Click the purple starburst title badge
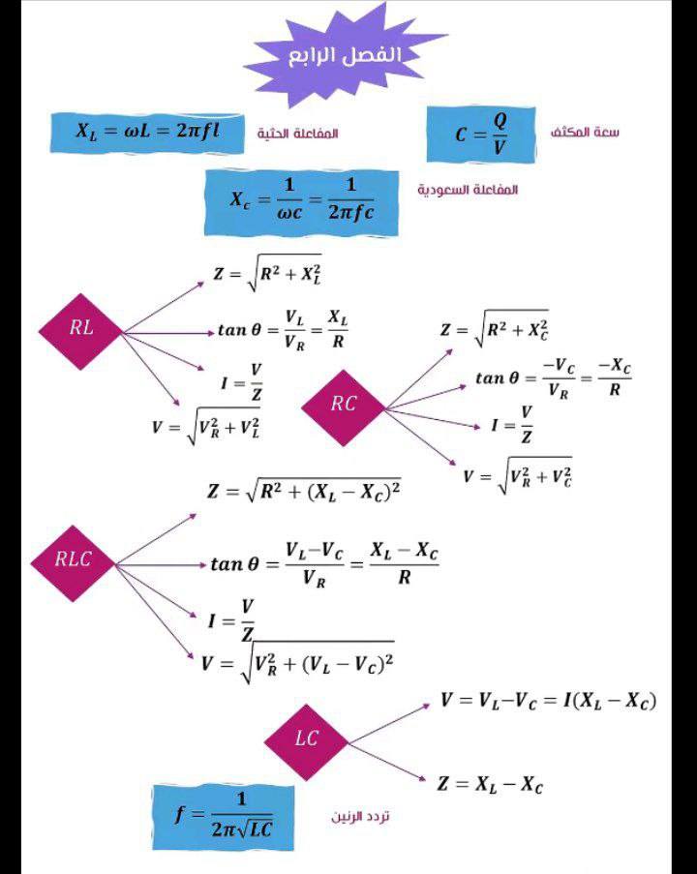[x=344, y=55]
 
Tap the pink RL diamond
[x=81, y=329]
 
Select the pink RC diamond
[x=344, y=406]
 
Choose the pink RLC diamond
[x=74, y=559]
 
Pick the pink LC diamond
[x=307, y=739]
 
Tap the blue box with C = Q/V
[x=481, y=134]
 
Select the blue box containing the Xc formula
[x=302, y=201]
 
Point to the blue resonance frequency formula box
[x=224, y=815]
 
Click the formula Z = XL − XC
[x=489, y=784]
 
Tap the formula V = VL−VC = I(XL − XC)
[x=548, y=700]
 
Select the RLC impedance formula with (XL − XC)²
[x=304, y=491]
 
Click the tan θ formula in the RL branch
[x=282, y=330]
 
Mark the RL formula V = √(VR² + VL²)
[x=205, y=426]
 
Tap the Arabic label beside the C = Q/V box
[x=584, y=132]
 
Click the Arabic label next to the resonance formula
[x=361, y=817]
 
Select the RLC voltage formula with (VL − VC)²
[x=297, y=663]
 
